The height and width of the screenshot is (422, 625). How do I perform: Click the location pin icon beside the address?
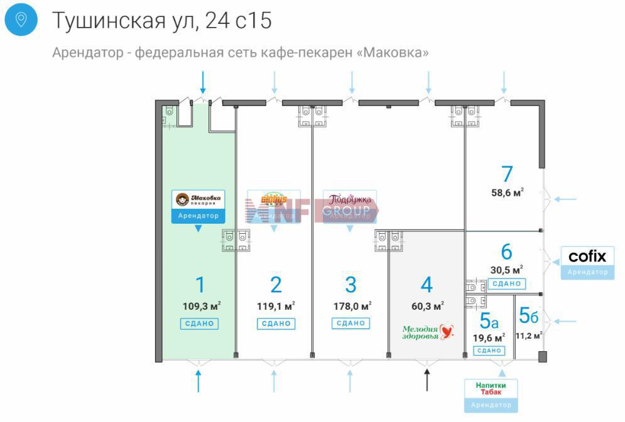[x=21, y=20]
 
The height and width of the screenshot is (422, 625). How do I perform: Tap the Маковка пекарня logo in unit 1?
[x=198, y=199]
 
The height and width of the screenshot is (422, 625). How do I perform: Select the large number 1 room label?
[x=200, y=285]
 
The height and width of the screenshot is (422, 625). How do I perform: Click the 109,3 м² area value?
[x=200, y=307]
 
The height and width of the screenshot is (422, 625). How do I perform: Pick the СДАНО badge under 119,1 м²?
[x=275, y=324]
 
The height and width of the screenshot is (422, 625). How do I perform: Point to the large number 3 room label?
[x=351, y=285]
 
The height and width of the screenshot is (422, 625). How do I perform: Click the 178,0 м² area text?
[x=352, y=307]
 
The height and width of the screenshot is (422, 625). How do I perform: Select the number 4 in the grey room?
[x=427, y=285]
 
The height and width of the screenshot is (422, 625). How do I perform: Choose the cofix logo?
[x=587, y=256]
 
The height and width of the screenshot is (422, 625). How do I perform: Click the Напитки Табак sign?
[x=491, y=388]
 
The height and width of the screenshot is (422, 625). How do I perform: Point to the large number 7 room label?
[x=506, y=174]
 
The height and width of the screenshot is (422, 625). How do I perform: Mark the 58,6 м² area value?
[x=507, y=193]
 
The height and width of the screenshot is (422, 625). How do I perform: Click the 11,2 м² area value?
[x=528, y=335]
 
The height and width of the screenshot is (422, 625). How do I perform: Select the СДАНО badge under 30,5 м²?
[x=506, y=284]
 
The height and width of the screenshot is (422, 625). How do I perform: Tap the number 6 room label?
[x=506, y=252]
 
